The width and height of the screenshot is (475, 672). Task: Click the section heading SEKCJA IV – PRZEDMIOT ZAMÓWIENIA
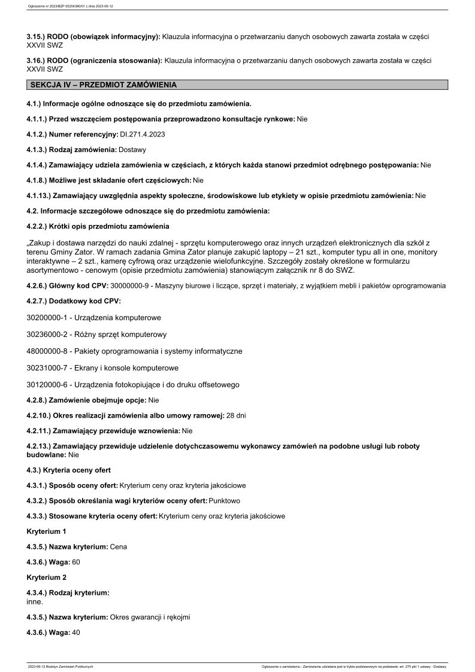103,85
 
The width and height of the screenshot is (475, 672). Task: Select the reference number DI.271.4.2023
143,135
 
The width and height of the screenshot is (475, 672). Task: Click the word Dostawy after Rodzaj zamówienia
133,150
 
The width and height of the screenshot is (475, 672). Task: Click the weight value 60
76,562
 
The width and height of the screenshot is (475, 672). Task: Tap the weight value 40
76,633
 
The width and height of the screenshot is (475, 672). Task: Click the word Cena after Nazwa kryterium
119,546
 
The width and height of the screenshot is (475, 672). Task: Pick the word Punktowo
225,500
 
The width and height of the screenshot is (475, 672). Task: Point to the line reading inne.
35,602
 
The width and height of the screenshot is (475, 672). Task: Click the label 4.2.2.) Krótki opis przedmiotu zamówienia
98,226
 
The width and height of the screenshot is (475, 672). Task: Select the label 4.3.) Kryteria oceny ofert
69,470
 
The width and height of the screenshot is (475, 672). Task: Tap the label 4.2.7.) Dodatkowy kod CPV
74,301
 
